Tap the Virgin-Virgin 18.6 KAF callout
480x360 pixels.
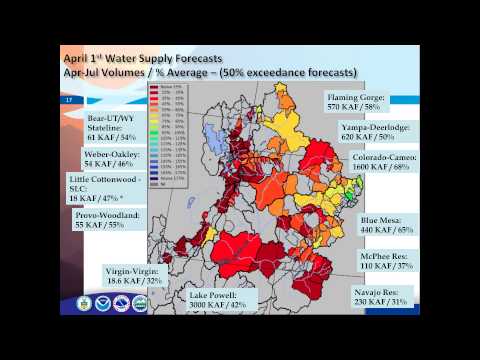134,277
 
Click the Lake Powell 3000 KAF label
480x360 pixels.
219,301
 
